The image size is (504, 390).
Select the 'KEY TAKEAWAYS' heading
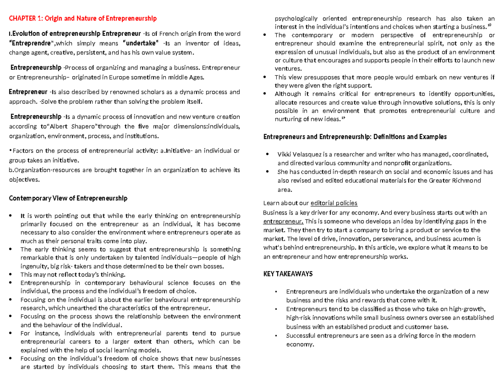coord(288,274)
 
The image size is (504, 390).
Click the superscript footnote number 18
coord(489,25)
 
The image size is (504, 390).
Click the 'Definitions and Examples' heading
coord(411,137)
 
